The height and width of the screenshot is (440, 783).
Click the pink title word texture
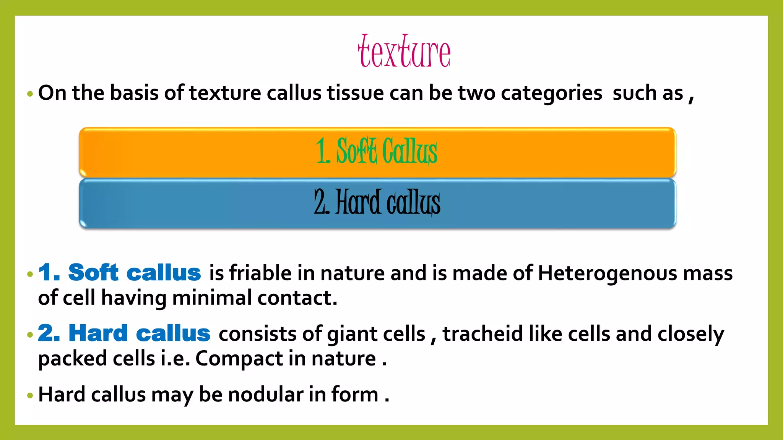pos(404,52)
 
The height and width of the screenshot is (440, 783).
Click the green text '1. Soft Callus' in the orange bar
pos(377,151)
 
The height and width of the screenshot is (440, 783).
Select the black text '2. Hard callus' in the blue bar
pos(377,202)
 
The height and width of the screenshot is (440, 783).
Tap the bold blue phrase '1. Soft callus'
pos(120,273)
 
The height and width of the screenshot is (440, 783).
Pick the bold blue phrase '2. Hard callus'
pos(124,333)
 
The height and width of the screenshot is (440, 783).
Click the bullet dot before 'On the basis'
pos(30,94)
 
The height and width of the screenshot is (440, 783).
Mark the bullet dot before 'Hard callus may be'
pos(30,395)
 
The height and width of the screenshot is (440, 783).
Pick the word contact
pos(297,298)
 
